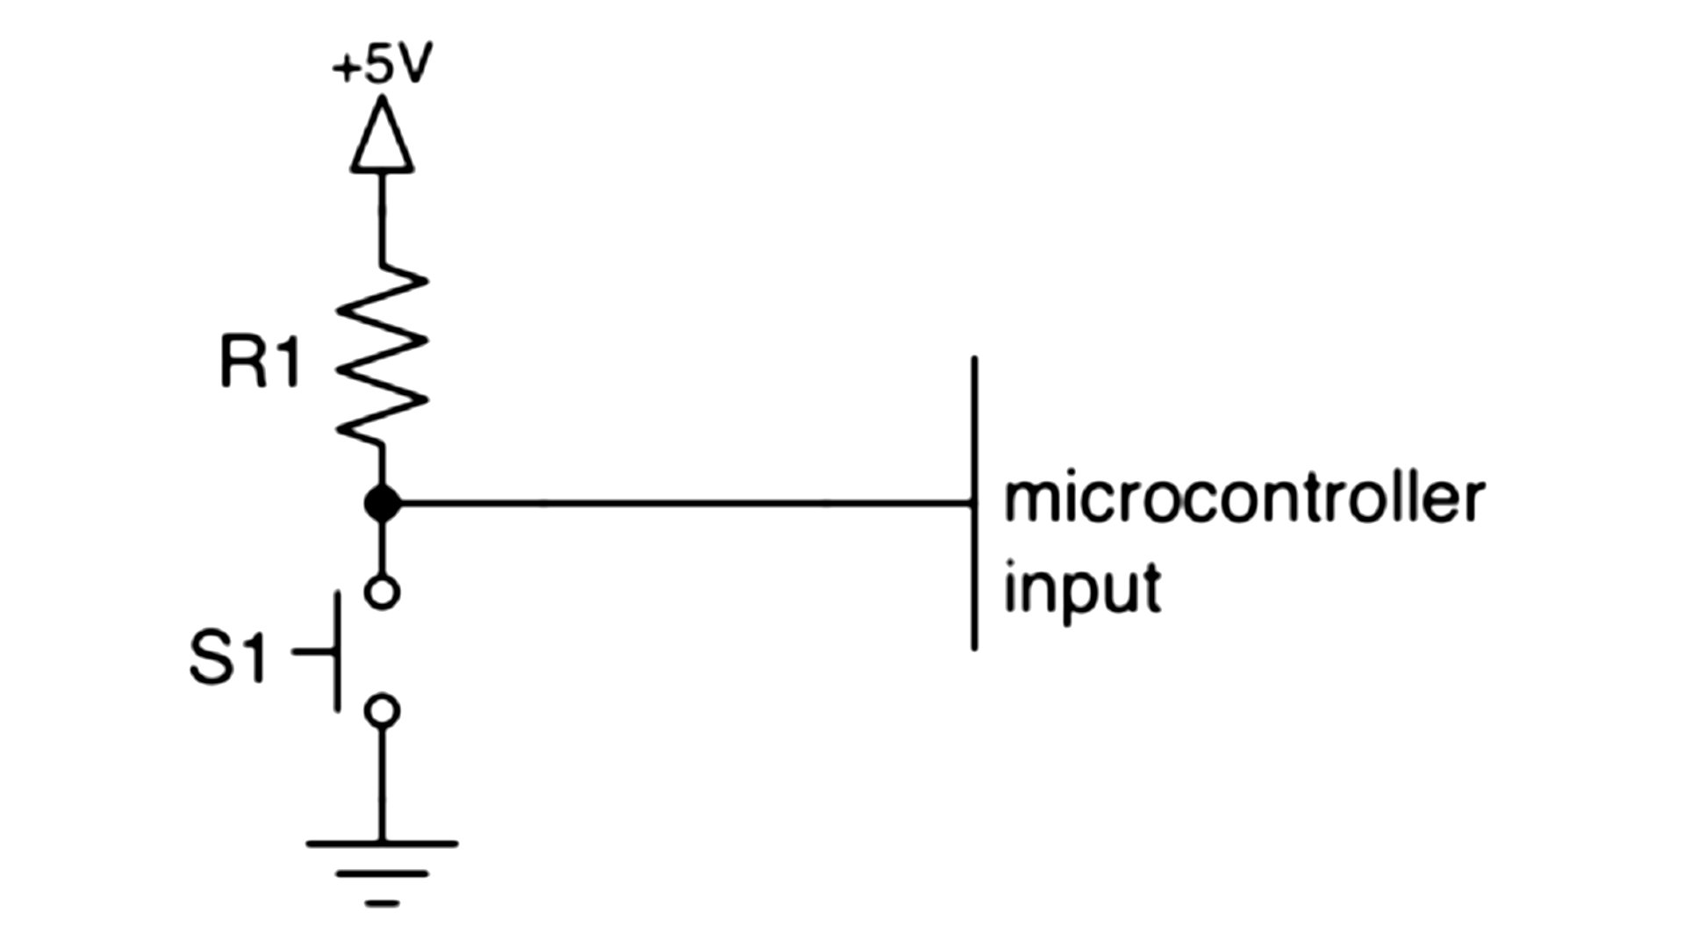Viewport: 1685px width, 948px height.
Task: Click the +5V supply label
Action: pyautogui.click(x=382, y=65)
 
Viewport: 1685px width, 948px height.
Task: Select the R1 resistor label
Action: pyautogui.click(x=260, y=363)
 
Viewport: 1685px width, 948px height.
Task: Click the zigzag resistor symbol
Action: pyautogui.click(x=382, y=356)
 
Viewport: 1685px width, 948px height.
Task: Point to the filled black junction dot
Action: pyautogui.click(x=382, y=504)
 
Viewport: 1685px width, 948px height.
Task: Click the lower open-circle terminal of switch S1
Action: pyautogui.click(x=382, y=709)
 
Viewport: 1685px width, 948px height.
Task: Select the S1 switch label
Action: pyautogui.click(x=227, y=658)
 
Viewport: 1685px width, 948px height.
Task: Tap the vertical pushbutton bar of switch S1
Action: pyautogui.click(x=337, y=651)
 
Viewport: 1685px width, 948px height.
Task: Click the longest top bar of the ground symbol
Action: pyautogui.click(x=382, y=844)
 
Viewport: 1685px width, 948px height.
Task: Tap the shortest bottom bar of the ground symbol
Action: pyautogui.click(x=382, y=902)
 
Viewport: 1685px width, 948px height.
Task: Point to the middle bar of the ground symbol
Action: pyautogui.click(x=382, y=873)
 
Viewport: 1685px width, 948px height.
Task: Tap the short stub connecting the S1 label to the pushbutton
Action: pyautogui.click(x=312, y=652)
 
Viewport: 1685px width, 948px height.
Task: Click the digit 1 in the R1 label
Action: pyautogui.click(x=286, y=363)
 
